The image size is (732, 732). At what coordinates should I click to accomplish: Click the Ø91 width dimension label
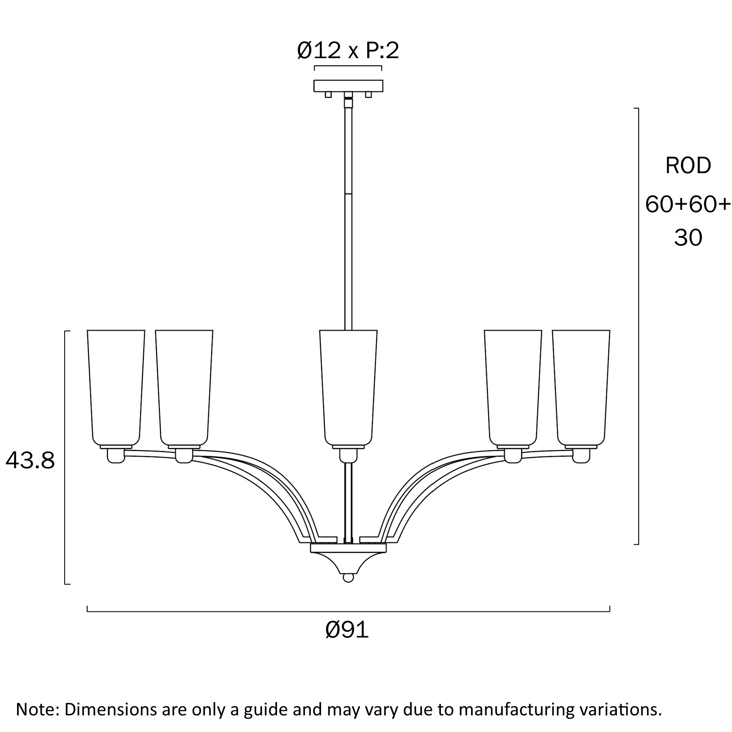coord(347,630)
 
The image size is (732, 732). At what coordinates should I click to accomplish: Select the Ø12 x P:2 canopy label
coord(348,51)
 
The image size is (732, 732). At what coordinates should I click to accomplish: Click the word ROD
coord(688,165)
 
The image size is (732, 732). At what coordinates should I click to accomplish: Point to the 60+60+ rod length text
coord(688,204)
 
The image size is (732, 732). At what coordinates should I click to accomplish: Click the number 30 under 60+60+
coord(688,238)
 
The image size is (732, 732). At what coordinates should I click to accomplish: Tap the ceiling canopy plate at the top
coord(348,86)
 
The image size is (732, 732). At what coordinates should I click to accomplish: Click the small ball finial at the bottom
coord(348,578)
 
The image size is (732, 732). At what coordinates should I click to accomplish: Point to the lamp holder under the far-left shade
coord(115,455)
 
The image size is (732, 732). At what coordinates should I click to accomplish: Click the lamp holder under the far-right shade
coord(581,455)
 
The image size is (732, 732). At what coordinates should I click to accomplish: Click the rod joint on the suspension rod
coord(348,193)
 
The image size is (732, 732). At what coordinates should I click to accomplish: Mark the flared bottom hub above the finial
coord(348,559)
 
